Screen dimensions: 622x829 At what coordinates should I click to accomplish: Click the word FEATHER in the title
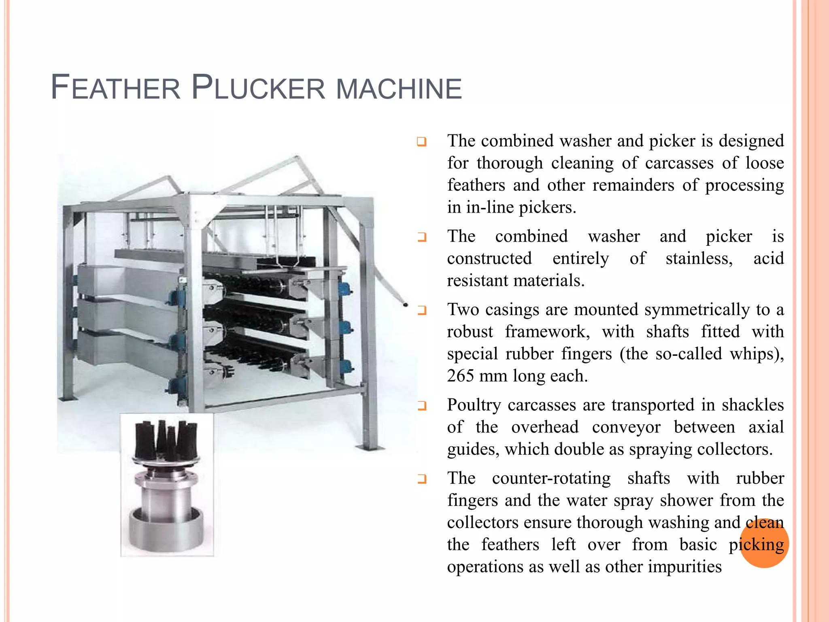click(115, 88)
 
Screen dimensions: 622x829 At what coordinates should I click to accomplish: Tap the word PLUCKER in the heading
click(258, 88)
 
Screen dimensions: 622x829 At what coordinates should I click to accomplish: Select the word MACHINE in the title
click(399, 89)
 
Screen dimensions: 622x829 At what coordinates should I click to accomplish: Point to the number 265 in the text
click(460, 376)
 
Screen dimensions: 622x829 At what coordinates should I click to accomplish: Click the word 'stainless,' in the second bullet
click(699, 258)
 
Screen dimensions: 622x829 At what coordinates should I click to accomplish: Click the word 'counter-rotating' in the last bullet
click(551, 478)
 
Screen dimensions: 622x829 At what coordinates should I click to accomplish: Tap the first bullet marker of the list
click(422, 142)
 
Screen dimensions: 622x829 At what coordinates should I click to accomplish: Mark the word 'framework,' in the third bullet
click(547, 332)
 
